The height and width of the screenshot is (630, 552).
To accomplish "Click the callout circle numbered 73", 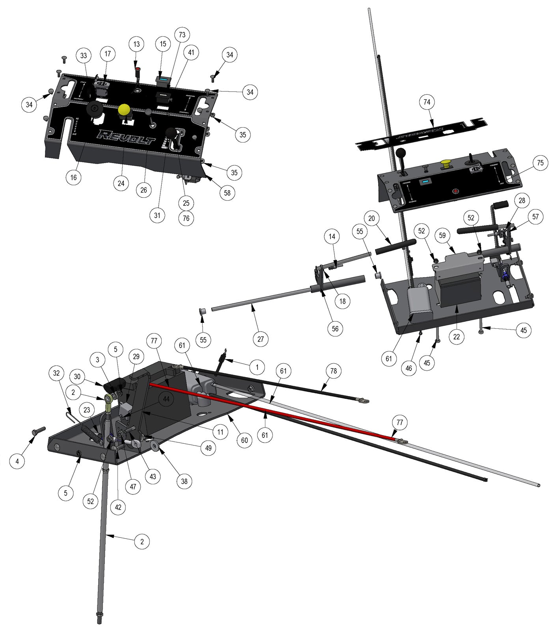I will pos(182,35).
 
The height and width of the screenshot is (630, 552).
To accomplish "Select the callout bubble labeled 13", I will pos(136,44).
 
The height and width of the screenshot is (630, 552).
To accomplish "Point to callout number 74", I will pos(427,102).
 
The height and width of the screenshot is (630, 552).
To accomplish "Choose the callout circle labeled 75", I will pos(540,163).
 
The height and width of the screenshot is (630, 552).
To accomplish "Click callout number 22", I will pos(457,337).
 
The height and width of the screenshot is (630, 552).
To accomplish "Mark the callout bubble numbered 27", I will pos(261,339).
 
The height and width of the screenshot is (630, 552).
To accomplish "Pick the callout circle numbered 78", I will pos(334,371).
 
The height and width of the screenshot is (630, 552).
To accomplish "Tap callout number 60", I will pos(244,440).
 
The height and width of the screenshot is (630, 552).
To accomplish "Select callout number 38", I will pos(184,481).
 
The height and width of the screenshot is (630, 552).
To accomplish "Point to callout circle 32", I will pos(57,373).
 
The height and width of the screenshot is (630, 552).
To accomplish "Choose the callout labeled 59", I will pos(442,235).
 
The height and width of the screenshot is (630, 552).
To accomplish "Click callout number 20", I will pos(371,218).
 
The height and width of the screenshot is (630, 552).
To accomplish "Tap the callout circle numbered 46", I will pos(408,368).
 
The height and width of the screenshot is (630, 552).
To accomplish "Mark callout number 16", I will pos(74,177).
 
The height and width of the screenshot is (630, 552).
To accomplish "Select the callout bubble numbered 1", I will pos(257,367).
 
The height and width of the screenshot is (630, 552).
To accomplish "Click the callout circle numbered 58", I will pos(227,193).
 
